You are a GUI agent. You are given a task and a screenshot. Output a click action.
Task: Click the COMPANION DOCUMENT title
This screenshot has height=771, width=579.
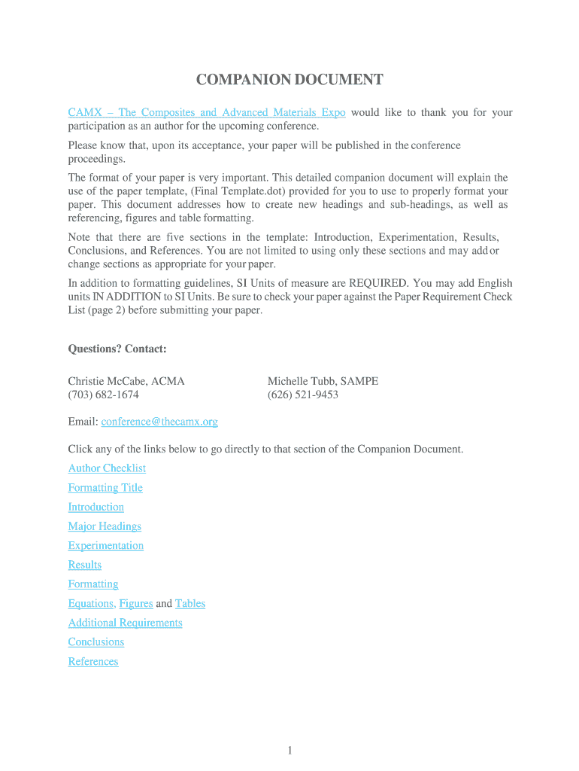289,81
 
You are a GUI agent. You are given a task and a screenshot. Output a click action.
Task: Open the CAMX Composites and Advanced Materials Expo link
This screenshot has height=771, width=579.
207,113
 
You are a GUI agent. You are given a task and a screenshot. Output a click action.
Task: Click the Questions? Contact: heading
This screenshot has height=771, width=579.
117,349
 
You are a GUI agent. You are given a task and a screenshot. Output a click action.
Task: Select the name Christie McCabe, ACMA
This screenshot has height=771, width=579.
126,381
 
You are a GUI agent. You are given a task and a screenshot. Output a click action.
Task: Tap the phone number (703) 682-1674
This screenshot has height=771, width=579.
103,395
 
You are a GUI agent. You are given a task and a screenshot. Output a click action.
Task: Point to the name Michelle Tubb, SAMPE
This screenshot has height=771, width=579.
323,381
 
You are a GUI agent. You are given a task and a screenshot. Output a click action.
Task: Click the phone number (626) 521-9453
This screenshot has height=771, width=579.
302,395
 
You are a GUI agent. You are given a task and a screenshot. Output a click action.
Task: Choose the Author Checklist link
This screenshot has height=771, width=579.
107,468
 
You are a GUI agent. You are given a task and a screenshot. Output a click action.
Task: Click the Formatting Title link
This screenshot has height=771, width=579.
105,488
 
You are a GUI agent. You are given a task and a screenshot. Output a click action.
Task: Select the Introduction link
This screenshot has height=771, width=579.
96,507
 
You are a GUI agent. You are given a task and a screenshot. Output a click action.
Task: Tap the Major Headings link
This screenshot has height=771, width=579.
105,526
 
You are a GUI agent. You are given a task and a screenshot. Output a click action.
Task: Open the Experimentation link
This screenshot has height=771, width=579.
106,546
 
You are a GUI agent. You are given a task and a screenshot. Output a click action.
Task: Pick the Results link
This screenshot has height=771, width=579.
85,565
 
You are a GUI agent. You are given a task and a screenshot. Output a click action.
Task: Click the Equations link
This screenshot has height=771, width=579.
91,604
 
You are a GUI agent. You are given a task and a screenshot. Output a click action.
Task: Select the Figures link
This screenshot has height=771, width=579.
136,604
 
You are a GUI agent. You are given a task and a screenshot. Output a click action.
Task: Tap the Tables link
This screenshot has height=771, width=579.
190,604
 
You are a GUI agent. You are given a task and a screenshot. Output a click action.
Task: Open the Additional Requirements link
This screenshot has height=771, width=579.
125,623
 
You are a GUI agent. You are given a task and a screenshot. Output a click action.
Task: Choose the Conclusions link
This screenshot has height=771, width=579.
96,642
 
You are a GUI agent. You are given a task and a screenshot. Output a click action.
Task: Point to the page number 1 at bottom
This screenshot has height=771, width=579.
289,750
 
